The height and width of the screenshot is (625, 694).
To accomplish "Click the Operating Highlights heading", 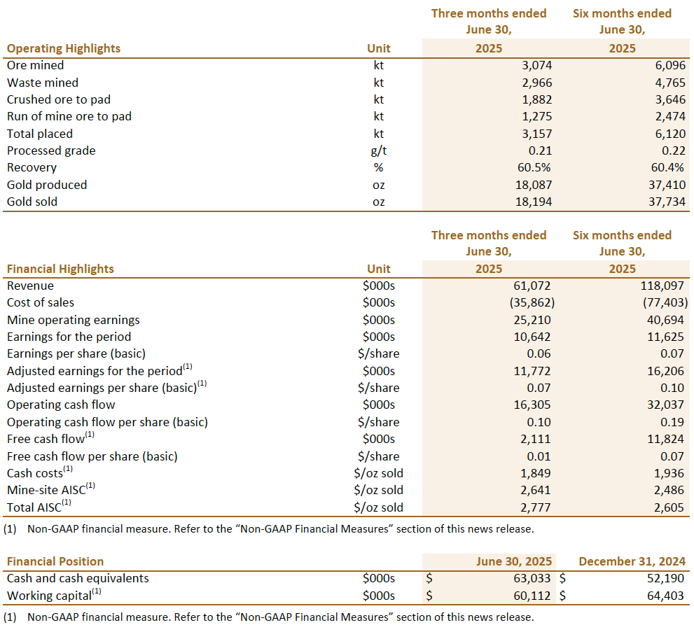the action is [x=64, y=49].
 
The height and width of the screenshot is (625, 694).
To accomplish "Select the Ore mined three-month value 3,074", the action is [x=537, y=66].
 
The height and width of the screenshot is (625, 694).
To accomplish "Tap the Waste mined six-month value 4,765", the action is [x=670, y=83].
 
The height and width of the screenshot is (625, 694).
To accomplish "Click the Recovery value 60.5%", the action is [x=534, y=168].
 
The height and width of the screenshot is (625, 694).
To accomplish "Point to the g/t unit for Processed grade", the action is [x=379, y=151].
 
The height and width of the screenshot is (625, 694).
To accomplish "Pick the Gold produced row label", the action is [x=47, y=185].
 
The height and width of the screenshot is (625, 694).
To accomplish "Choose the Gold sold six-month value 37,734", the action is [x=667, y=202].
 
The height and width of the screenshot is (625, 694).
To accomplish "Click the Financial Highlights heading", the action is [x=61, y=269].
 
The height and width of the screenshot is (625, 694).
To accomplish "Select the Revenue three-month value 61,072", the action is [x=532, y=286].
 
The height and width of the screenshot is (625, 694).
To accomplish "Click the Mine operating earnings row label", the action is [x=74, y=320].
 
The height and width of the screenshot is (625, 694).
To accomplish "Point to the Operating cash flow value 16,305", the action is [x=532, y=405].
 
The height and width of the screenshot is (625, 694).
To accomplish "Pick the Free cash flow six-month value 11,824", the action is [x=666, y=440].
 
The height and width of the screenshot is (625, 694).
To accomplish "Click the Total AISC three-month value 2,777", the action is [x=536, y=507].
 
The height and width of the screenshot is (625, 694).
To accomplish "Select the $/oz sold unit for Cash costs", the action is [x=379, y=473].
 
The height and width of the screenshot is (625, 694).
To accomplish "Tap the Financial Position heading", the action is [x=55, y=561].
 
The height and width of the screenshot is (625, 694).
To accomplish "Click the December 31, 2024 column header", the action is [x=632, y=561].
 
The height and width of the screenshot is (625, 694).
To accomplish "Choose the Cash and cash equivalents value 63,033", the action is [x=532, y=578].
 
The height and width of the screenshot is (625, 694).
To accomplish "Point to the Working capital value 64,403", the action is [x=666, y=596].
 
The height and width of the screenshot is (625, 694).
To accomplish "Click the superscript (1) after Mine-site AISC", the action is [x=90, y=486].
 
